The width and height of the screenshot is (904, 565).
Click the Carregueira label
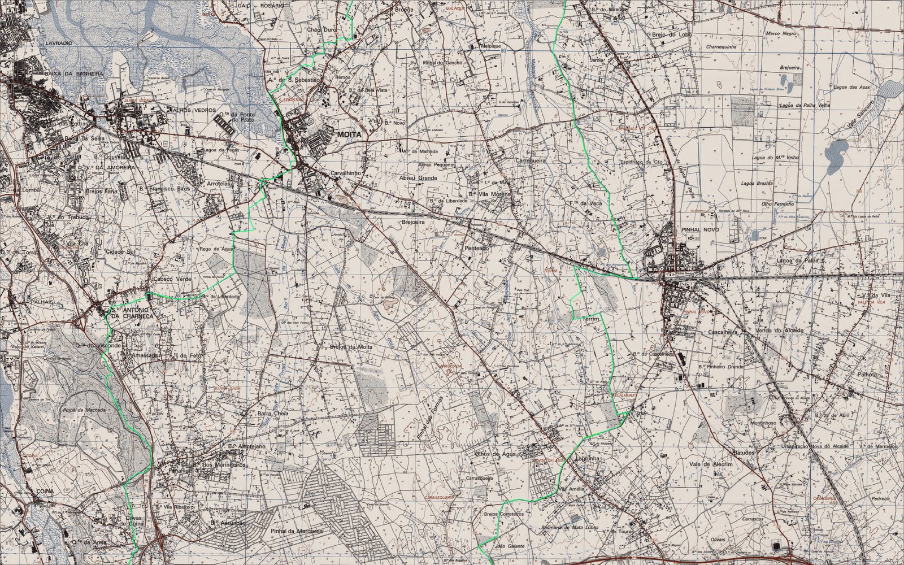[531, 161]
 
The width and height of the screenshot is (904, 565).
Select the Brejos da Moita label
[350, 346]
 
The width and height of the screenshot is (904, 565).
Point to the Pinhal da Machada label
[85, 410]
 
